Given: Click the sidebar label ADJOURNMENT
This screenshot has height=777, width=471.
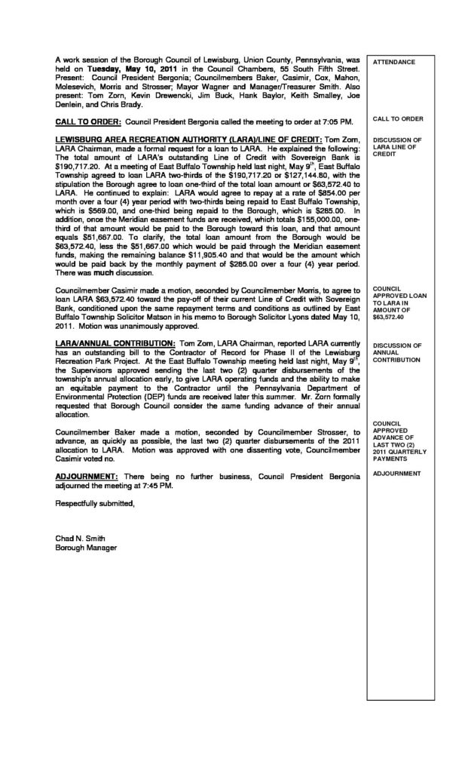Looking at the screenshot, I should pos(396,474).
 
